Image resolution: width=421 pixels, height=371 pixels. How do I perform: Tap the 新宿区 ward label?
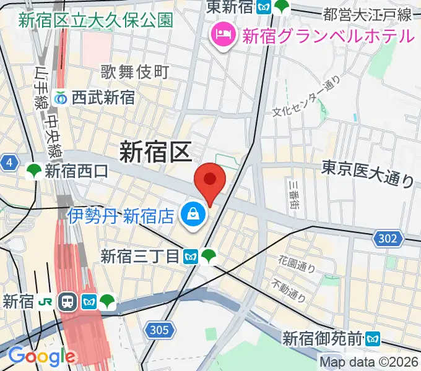(x=155, y=151)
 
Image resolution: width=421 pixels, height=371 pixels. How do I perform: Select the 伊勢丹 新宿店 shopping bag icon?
(x=193, y=215)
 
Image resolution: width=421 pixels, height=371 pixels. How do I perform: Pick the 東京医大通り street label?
(x=368, y=173)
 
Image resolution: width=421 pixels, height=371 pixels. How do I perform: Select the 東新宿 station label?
(x=232, y=7)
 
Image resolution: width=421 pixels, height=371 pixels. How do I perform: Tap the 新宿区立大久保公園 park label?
(x=95, y=20)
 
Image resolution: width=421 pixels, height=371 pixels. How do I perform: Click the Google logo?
(x=41, y=356)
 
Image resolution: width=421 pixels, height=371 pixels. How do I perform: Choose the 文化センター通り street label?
(x=307, y=95)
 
